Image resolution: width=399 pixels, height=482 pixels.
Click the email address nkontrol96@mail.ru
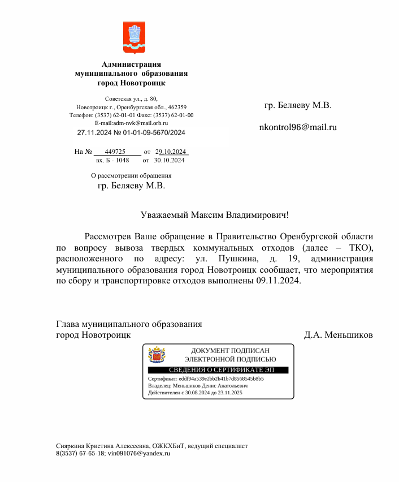[x=297, y=127]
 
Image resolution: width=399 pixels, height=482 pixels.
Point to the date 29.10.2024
[x=171, y=152]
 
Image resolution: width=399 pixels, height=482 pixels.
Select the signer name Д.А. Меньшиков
[x=338, y=335]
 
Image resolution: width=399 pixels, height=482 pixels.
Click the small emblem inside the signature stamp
[x=157, y=355]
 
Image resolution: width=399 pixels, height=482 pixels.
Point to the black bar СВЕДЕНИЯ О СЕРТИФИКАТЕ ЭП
[x=218, y=370]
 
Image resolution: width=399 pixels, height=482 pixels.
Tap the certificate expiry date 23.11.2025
[x=231, y=392]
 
